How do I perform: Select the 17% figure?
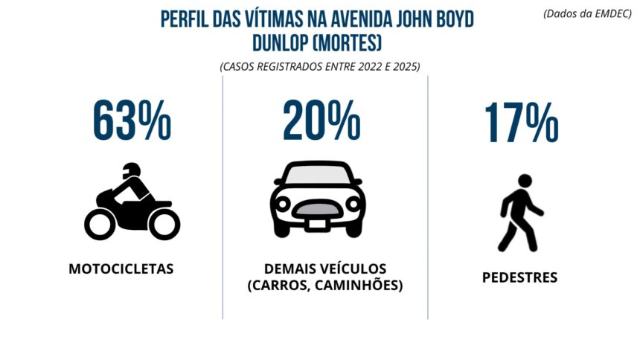coord(520,122)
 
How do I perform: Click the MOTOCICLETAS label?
coord(121,269)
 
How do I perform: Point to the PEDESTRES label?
coord(519,278)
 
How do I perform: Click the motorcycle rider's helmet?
coord(131,170)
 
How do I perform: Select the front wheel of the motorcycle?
coord(164,223)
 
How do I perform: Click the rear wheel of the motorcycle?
coord(100,223)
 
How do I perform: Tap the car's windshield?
coord(317,175)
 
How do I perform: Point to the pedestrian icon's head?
coord(524,181)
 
